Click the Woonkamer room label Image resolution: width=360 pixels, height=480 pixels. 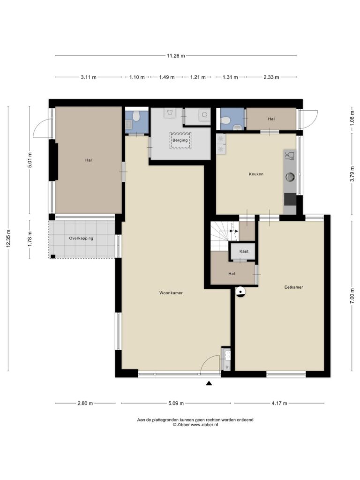(171, 293)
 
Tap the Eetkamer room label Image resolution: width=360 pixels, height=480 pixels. (293, 287)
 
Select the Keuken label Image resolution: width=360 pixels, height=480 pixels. (256, 174)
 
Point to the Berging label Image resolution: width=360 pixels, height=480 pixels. (180, 140)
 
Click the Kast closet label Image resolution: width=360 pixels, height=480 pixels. (244, 251)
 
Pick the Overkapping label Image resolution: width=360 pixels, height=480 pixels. (81, 238)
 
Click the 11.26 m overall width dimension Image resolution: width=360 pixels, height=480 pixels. (176, 56)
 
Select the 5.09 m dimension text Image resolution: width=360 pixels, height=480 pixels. (176, 404)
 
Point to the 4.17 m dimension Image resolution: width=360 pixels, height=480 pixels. (279, 404)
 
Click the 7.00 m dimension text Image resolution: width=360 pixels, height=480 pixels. (352, 296)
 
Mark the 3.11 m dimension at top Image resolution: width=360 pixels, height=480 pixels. (89, 77)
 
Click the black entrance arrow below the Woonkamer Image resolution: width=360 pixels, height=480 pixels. (209, 383)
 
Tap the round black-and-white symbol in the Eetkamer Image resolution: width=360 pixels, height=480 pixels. (240, 292)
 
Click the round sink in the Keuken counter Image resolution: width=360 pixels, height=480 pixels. (290, 176)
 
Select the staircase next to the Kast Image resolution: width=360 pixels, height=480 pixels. (224, 236)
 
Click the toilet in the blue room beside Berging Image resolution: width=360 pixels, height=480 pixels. (136, 116)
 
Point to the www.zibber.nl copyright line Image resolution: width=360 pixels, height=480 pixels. (195, 425)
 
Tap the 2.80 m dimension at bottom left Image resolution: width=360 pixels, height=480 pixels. (85, 404)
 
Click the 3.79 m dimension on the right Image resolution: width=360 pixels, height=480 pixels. (352, 174)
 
